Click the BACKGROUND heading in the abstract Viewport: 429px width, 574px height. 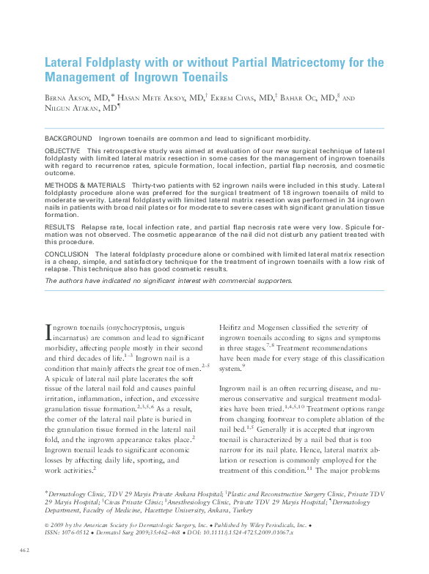pos(68,139)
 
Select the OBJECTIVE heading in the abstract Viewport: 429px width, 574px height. pos(64,150)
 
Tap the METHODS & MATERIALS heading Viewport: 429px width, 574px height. pos(85,185)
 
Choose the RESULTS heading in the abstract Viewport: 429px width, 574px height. pos(60,228)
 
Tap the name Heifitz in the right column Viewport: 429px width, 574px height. pos(232,327)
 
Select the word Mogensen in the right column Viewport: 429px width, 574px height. pos(277,327)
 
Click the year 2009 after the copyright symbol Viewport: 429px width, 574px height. pos(62,525)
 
